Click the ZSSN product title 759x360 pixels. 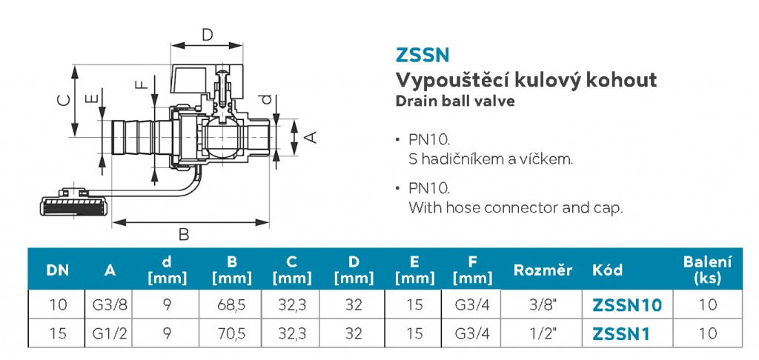[422, 55]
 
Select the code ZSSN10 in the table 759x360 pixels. [627, 305]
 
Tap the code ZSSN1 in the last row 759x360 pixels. [620, 333]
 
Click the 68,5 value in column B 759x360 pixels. [232, 305]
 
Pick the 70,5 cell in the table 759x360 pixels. [232, 334]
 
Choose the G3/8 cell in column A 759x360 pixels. [110, 305]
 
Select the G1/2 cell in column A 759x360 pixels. [110, 334]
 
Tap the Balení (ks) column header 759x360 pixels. [707, 270]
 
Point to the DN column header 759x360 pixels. [58, 270]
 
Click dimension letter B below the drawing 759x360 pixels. [184, 235]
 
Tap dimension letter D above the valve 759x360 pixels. [208, 35]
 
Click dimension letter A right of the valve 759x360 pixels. [313, 138]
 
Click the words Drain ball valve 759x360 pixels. [455, 101]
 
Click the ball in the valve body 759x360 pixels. [221, 139]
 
